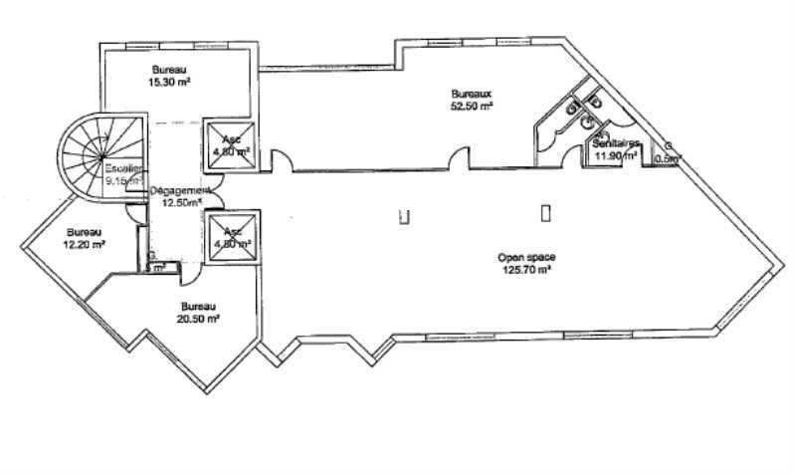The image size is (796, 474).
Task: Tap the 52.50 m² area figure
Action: pyautogui.click(x=472, y=107)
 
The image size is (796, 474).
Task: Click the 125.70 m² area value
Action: pyautogui.click(x=525, y=269)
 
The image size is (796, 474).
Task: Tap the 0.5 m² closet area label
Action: pyautogui.click(x=667, y=156)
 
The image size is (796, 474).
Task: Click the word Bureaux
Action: pyautogui.click(x=472, y=95)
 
